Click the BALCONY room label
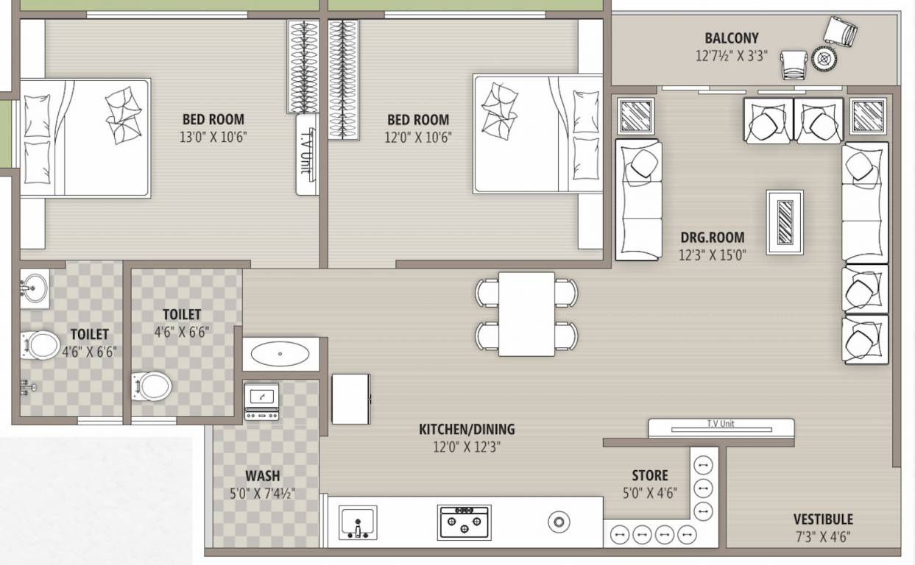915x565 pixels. click(x=731, y=38)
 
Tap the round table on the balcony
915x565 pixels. click(x=824, y=59)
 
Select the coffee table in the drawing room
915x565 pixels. click(x=785, y=222)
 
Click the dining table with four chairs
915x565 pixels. click(x=526, y=314)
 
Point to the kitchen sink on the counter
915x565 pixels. click(x=358, y=522)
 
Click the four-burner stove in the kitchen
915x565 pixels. click(x=464, y=522)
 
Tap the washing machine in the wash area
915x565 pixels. click(x=261, y=402)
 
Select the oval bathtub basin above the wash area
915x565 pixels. click(x=280, y=355)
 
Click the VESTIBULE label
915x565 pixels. click(x=823, y=519)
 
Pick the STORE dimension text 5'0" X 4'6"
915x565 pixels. click(x=650, y=493)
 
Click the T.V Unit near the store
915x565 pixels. click(x=721, y=428)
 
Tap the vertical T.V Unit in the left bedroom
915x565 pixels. click(x=306, y=154)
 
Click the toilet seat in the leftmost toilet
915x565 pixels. click(x=40, y=344)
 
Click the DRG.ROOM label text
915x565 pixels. click(x=711, y=238)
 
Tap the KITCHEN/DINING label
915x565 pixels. click(x=467, y=429)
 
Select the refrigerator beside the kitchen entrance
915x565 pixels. click(x=350, y=399)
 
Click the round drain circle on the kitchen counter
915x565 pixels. click(x=559, y=522)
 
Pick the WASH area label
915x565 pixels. click(x=262, y=476)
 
